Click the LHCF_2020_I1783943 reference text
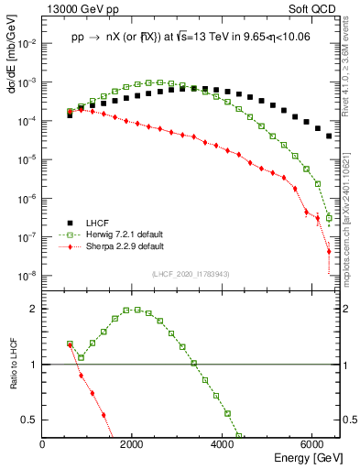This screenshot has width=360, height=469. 191,275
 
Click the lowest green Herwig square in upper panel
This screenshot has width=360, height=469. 329,218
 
